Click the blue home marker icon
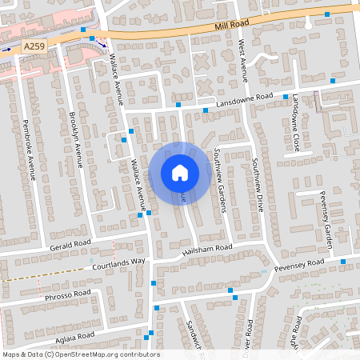pyautogui.click(x=180, y=173)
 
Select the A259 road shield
pyautogui.click(x=34, y=48)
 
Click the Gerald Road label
pyautogui.click(x=70, y=244)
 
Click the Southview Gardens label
pyautogui.click(x=220, y=182)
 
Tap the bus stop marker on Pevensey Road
pyautogui.click(x=343, y=262)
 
